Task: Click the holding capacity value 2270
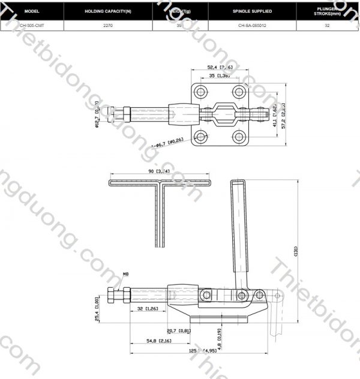click(108, 26)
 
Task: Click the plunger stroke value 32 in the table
click(327, 26)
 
